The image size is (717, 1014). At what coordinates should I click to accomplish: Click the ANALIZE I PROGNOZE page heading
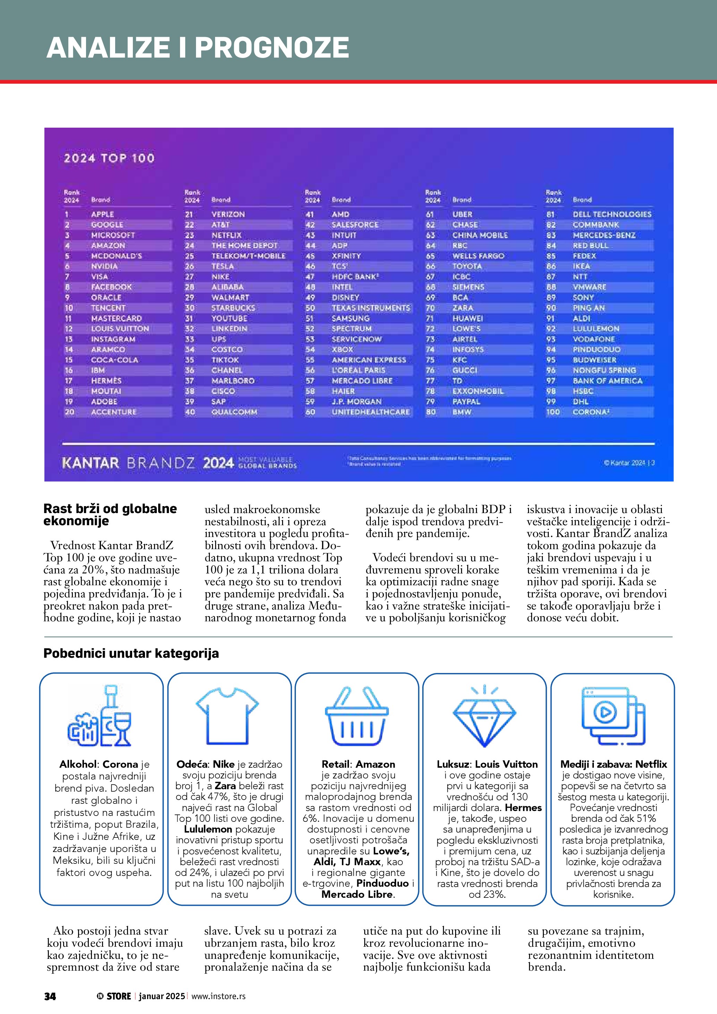pyautogui.click(x=197, y=47)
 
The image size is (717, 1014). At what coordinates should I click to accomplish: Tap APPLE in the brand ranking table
pyautogui.click(x=102, y=214)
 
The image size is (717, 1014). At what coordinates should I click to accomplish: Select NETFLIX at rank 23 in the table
pyautogui.click(x=227, y=235)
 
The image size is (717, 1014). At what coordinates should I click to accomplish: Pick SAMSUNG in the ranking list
pyautogui.click(x=351, y=318)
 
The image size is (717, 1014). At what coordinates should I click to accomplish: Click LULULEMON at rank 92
pyautogui.click(x=596, y=329)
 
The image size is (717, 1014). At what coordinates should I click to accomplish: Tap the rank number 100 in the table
pyautogui.click(x=553, y=412)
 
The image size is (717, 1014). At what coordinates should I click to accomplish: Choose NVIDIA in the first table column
pyautogui.click(x=104, y=266)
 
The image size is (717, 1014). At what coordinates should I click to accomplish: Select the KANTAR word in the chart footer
pyautogui.click(x=91, y=463)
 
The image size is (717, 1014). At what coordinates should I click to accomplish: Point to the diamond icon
pyautogui.click(x=484, y=716)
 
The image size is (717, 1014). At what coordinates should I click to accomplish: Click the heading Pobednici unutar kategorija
pyautogui.click(x=131, y=653)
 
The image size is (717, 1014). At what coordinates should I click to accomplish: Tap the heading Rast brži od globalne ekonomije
pyautogui.click(x=110, y=514)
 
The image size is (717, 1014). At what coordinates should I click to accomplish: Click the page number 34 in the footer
pyautogui.click(x=50, y=996)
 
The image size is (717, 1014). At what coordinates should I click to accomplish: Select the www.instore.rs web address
pyautogui.click(x=219, y=996)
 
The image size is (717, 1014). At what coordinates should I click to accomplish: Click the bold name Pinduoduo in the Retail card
pyautogui.click(x=382, y=883)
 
